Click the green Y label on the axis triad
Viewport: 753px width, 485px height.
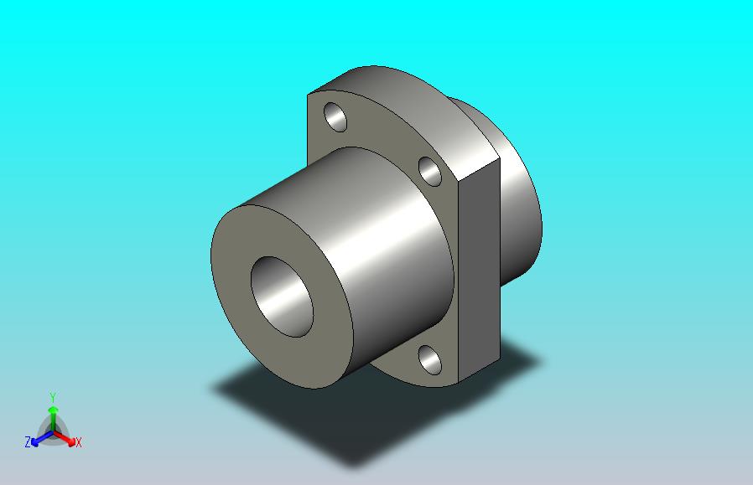coord(53,398)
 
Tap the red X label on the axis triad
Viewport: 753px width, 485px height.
coord(78,442)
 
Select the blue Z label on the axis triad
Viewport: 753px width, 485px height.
coord(28,441)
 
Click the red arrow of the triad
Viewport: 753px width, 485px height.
coord(65,438)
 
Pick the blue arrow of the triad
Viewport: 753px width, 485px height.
coord(41,438)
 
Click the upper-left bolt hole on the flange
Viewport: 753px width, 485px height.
coord(335,116)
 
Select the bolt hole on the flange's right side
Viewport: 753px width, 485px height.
coord(430,171)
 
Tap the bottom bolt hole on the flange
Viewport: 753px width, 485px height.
coord(430,360)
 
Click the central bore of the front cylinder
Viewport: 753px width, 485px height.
coord(282,297)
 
